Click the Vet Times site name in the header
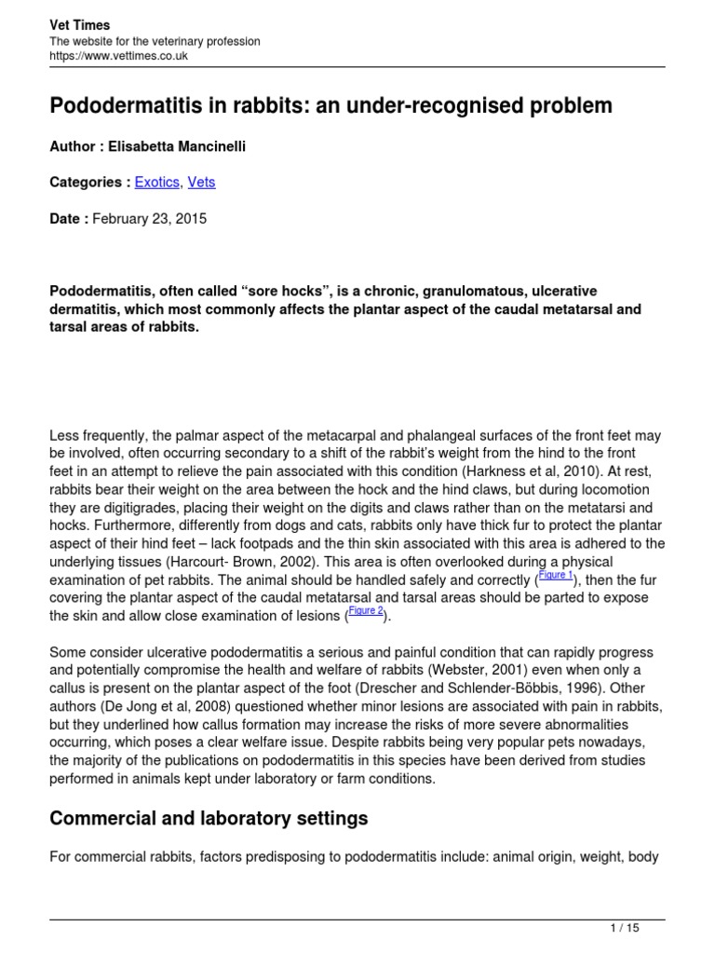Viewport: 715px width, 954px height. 79,26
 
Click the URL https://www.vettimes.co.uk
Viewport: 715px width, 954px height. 119,56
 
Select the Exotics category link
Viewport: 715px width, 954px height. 156,183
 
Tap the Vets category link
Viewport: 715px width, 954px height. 201,183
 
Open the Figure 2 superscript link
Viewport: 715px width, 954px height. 366,610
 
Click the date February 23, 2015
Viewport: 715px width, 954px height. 150,219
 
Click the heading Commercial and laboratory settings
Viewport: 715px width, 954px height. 209,819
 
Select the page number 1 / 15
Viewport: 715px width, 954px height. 623,927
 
